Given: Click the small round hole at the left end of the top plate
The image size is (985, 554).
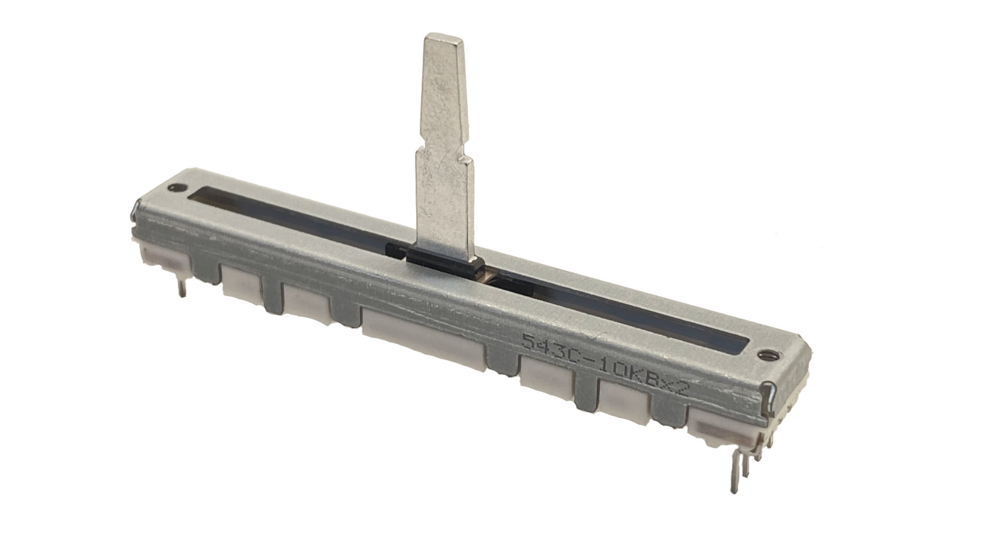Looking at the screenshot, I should [x=179, y=186].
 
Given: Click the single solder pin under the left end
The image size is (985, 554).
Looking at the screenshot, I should [x=183, y=286].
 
